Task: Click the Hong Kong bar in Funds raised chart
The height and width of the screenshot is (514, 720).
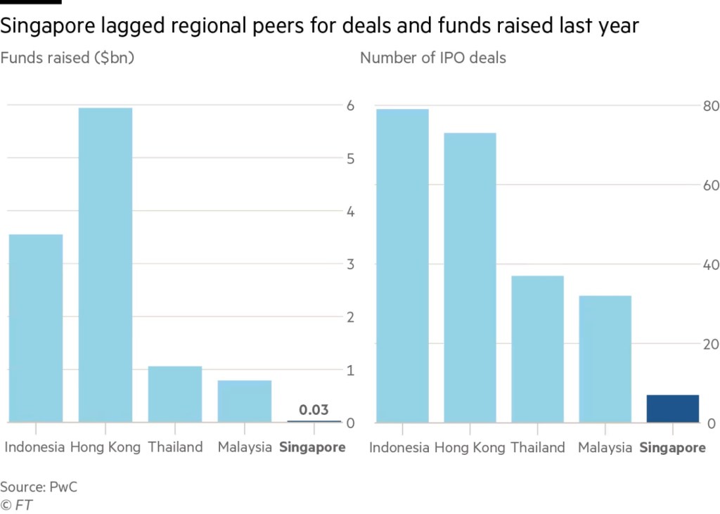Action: tap(105, 265)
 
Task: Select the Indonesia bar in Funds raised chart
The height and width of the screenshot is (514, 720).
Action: tap(35, 328)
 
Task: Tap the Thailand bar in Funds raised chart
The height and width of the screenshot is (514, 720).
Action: tap(174, 394)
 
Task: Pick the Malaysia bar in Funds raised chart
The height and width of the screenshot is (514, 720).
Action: tap(244, 401)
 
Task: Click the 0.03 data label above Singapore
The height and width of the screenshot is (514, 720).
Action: tap(314, 410)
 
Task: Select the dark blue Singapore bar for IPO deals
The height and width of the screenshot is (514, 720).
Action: tap(672, 409)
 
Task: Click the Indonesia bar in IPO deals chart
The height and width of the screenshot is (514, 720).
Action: tap(402, 266)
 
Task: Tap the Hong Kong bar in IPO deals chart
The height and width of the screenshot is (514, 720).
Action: tap(470, 278)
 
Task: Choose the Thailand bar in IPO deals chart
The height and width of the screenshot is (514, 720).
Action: tap(537, 349)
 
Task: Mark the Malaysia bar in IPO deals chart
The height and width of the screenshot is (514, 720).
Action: tap(605, 359)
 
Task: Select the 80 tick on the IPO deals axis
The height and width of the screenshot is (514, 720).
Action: tap(711, 106)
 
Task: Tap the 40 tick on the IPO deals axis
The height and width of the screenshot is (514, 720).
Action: tap(711, 265)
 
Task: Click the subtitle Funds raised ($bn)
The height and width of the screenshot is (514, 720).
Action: tap(67, 58)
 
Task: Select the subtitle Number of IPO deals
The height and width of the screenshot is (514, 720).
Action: tap(432, 58)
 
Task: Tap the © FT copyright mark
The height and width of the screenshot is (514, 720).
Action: tap(16, 504)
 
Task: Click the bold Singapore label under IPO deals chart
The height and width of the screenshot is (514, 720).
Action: tap(673, 448)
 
